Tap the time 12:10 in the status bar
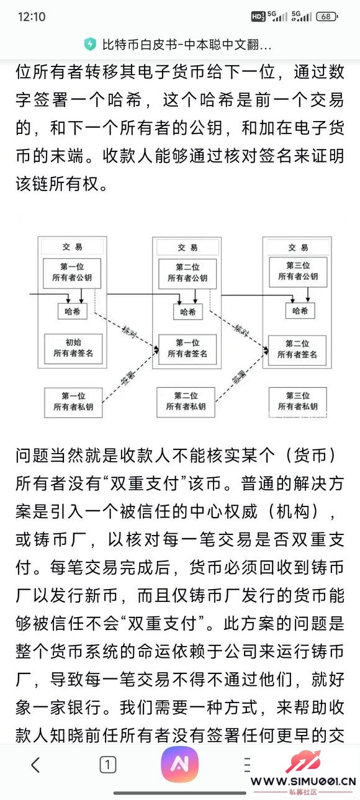(x=32, y=17)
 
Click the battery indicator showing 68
(x=326, y=17)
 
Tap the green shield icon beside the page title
(x=91, y=44)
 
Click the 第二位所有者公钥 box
(x=187, y=274)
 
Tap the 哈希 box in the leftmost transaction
(x=73, y=312)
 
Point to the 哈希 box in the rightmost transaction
(x=300, y=311)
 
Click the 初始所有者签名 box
(x=73, y=348)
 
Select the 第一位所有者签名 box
(x=187, y=349)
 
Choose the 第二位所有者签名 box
(x=301, y=349)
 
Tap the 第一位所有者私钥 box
(x=73, y=402)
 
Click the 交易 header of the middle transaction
(x=187, y=248)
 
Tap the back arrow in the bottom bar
(x=35, y=765)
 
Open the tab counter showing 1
(x=108, y=765)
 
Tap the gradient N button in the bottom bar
(x=179, y=765)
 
